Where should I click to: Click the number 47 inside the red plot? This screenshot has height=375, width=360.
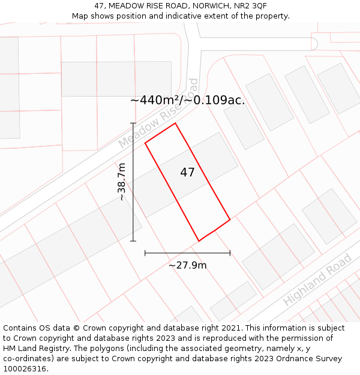click(x=187, y=173)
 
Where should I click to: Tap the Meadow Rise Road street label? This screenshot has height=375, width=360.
click(x=158, y=113)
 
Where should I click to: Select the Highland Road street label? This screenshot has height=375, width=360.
click(x=317, y=280)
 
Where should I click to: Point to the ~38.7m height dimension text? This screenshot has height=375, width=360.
click(x=122, y=182)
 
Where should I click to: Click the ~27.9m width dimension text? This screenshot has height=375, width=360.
click(x=187, y=265)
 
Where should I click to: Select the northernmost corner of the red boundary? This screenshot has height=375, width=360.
click(x=175, y=124)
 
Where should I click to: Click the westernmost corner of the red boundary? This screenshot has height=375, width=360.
click(x=145, y=143)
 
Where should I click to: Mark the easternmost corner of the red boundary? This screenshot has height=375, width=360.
click(x=230, y=219)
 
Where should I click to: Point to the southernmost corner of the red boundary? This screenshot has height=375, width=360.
click(x=199, y=241)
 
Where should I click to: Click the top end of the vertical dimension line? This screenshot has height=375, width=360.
click(x=133, y=124)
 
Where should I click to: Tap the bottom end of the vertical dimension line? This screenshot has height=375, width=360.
click(x=133, y=241)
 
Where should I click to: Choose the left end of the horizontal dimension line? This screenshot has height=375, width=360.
click(x=145, y=253)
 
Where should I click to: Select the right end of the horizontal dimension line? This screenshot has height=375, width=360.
click(x=230, y=253)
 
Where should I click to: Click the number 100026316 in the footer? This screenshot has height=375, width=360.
click(x=25, y=369)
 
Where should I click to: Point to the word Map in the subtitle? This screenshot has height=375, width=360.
click(x=80, y=16)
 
